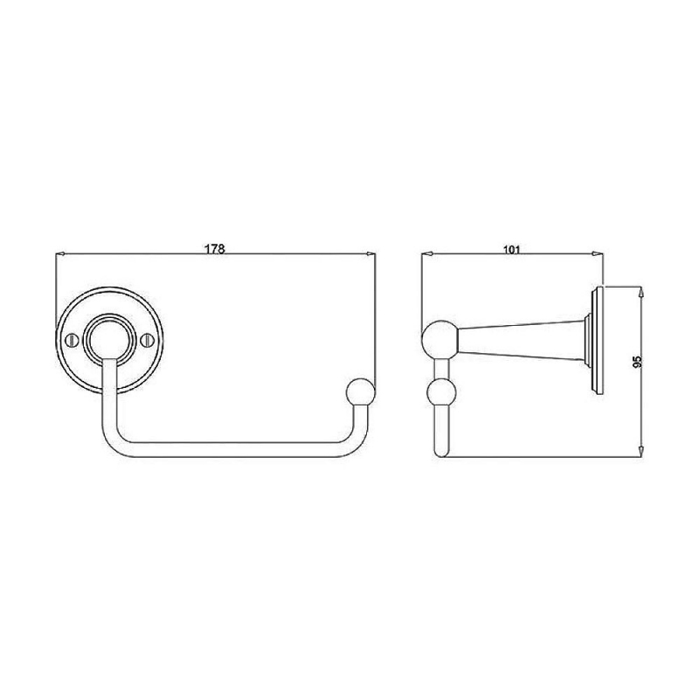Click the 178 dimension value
pyautogui.click(x=215, y=249)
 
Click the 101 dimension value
pyautogui.click(x=512, y=249)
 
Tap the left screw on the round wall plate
pyautogui.click(x=72, y=340)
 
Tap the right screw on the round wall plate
pyautogui.click(x=147, y=340)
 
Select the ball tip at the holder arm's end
pyautogui.click(x=360, y=391)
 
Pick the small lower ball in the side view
pyautogui.click(x=441, y=392)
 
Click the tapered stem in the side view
pyautogui.click(x=522, y=340)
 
